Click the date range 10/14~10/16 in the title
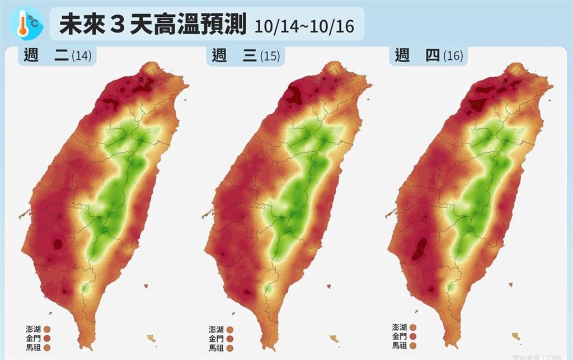point(304,26)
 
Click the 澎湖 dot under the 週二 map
point(47,330)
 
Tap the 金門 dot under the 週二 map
point(47,339)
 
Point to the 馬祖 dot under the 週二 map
point(47,348)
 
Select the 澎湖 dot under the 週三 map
point(230,330)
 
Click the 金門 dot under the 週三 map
point(230,339)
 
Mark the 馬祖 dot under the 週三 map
point(230,348)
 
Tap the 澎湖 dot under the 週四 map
point(413,327)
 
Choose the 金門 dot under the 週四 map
point(413,336)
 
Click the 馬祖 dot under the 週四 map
point(413,345)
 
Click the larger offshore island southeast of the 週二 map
point(151,338)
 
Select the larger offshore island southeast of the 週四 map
point(516,336)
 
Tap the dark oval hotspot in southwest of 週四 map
point(419,248)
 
